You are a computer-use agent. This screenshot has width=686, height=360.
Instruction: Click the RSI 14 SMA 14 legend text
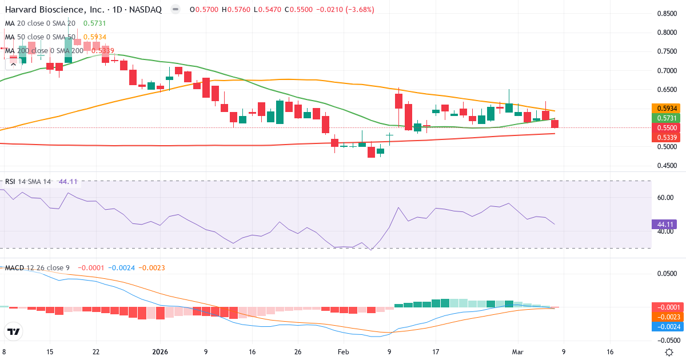28,182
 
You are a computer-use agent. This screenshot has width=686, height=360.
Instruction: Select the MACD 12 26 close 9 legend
37,267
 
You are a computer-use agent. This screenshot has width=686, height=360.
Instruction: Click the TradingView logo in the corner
14,331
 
